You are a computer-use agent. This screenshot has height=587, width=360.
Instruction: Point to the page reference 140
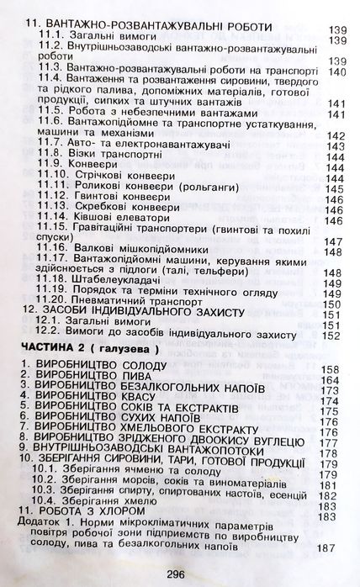338,71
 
